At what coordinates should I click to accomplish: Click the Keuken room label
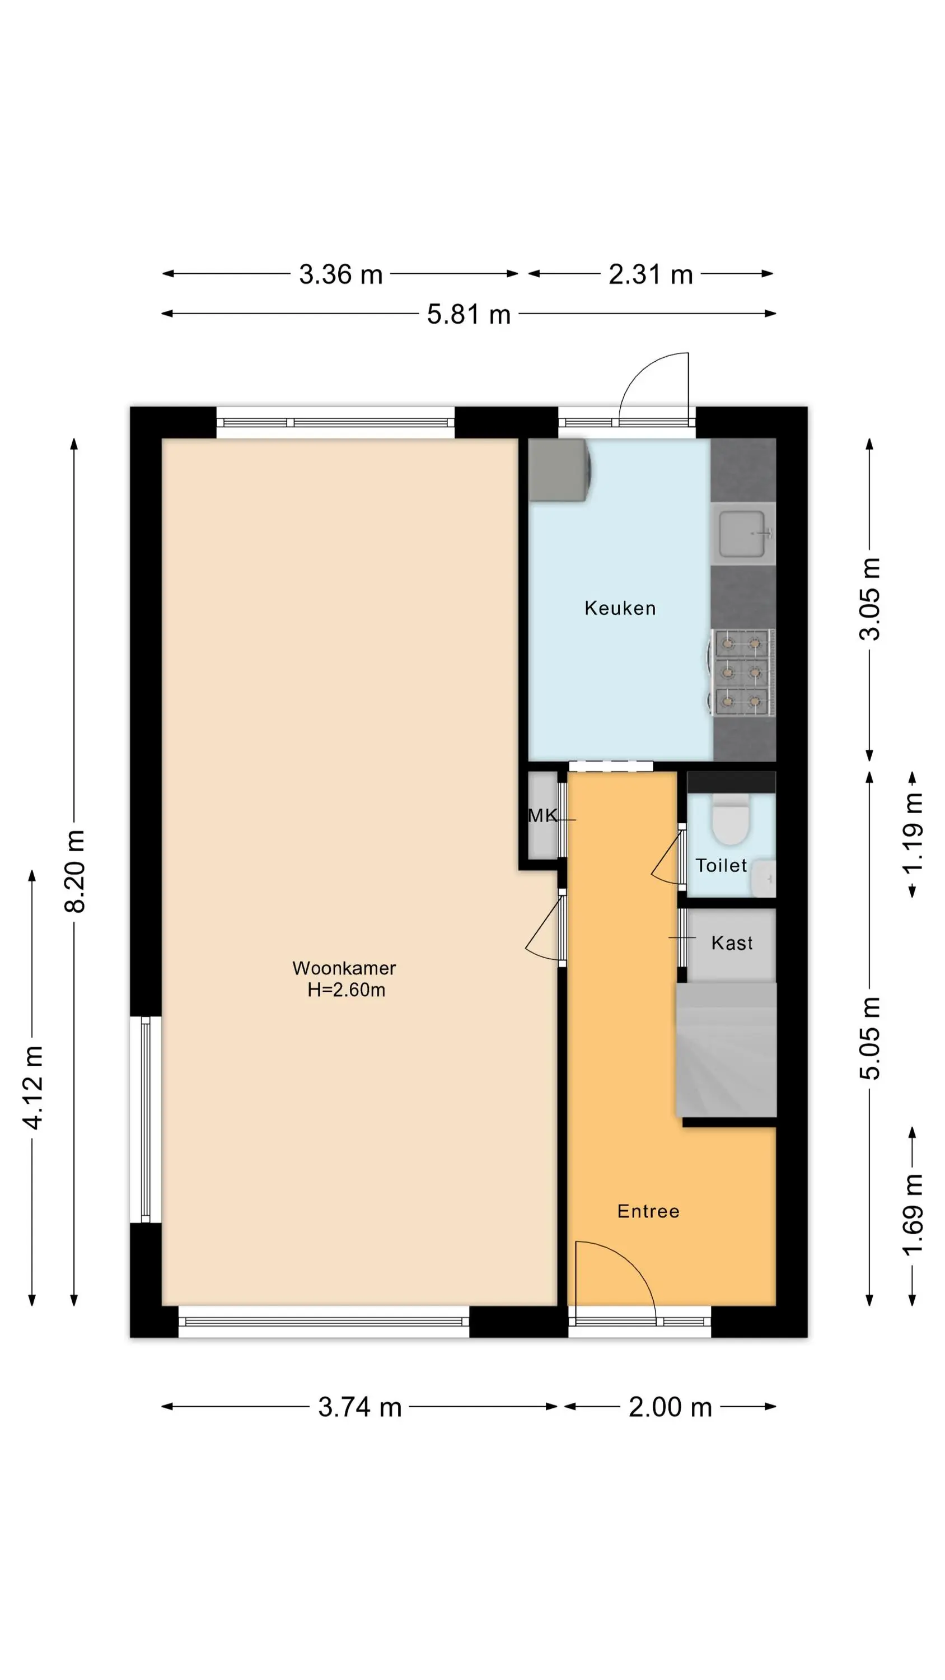(620, 609)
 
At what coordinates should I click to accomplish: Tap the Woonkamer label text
(344, 968)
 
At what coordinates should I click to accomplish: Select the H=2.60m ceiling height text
(347, 990)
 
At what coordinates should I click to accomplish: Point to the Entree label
(648, 1211)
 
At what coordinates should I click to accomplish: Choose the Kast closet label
(732, 943)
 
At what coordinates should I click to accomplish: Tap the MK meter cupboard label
(542, 815)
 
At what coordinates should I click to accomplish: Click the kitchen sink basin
(742, 534)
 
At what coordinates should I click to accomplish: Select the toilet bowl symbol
(731, 820)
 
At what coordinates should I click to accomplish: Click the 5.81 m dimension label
(468, 314)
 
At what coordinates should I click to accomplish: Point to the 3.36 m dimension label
(340, 274)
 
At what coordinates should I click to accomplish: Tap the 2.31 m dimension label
(650, 274)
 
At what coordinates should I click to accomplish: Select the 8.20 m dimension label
(74, 871)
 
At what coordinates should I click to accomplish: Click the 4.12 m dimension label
(32, 1087)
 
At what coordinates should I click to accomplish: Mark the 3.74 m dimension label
(359, 1407)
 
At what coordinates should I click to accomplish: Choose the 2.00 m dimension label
(670, 1407)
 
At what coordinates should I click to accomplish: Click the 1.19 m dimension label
(913, 833)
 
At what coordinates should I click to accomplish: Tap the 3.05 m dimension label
(869, 599)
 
